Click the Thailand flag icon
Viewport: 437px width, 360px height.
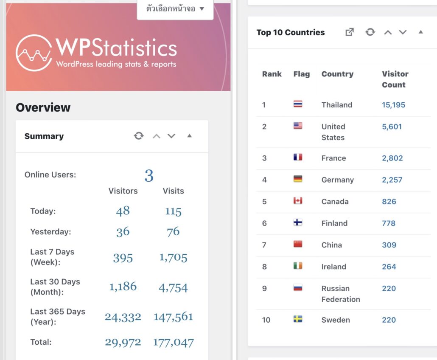click(x=298, y=104)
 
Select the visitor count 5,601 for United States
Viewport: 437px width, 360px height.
click(x=392, y=127)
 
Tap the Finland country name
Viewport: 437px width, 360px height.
click(x=334, y=223)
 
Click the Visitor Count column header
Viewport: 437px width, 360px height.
click(x=395, y=79)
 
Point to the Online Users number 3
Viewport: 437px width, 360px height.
click(x=148, y=175)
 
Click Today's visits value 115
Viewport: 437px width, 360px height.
click(x=173, y=211)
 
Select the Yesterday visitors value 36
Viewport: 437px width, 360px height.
click(x=123, y=232)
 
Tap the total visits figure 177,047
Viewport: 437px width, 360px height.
click(x=173, y=342)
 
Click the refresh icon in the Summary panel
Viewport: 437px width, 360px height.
click(x=139, y=136)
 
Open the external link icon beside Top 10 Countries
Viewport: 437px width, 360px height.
click(x=350, y=32)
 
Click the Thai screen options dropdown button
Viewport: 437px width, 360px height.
click(x=175, y=8)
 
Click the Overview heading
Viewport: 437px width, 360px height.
click(x=43, y=107)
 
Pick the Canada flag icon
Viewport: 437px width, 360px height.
click(x=298, y=201)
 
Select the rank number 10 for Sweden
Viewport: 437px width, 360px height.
click(x=266, y=320)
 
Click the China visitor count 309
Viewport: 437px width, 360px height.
click(x=389, y=245)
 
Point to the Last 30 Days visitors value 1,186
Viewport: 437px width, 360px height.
click(x=123, y=287)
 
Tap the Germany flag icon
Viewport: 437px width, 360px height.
click(x=298, y=179)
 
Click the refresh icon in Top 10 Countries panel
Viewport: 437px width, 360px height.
click(x=370, y=32)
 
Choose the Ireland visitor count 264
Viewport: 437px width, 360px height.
click(x=389, y=267)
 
